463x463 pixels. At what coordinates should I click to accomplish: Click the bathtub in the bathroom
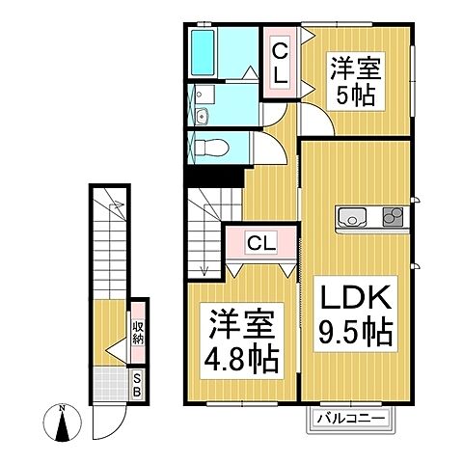point(204,50)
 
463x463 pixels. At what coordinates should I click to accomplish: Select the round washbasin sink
point(204,119)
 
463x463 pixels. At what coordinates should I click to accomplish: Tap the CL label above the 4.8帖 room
point(259,242)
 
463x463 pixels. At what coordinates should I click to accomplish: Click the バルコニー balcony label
point(350,420)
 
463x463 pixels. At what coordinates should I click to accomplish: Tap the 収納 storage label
point(138,333)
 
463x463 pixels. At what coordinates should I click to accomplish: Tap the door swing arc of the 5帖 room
point(312,123)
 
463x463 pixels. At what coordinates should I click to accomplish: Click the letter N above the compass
point(63,408)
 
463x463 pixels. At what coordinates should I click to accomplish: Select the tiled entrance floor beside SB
point(111,385)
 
